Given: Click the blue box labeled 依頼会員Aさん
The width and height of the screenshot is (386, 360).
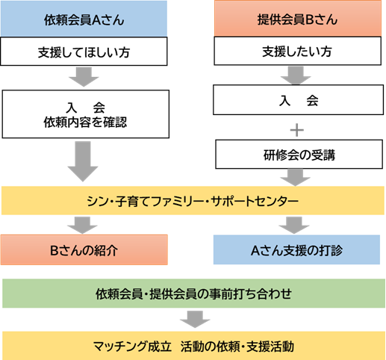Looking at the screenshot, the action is pos(84,19).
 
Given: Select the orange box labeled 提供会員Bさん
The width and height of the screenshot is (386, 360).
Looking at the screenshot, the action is pos(298,18).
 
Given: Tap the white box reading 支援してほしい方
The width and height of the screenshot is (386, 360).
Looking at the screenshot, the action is pos(84,52).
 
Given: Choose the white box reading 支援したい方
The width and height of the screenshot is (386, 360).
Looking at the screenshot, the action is pos(297,51).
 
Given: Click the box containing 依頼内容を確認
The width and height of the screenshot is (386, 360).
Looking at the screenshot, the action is pos(86,114).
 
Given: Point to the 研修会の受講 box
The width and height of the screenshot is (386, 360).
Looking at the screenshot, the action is pos(299,154).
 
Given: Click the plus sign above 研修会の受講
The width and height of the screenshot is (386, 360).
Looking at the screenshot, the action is pos(297,130).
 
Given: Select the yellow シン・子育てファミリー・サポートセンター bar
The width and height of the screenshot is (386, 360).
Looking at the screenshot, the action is pos(193,200).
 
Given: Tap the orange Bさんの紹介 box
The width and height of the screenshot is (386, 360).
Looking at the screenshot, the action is pos(84,249).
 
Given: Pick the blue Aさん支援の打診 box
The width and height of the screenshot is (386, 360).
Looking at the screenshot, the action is pos(296,249).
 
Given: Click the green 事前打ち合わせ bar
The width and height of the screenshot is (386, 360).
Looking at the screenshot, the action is pos(193,294).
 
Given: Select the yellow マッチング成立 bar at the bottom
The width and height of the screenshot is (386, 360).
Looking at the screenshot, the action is pos(193,346).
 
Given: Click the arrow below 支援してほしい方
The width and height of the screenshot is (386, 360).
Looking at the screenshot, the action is pos(84,77).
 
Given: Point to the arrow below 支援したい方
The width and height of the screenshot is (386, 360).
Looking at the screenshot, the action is pos(296,75).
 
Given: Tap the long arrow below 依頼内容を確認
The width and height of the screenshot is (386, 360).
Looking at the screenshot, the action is pos(83,161).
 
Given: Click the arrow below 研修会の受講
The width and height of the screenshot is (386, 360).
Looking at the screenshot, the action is pos(295,178).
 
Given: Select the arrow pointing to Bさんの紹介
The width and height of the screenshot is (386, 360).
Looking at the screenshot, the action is pos(82,226).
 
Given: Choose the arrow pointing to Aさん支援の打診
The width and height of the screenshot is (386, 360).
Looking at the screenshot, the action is pos(294,226).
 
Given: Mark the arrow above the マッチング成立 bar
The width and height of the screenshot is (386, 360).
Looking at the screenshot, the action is pos(195,319).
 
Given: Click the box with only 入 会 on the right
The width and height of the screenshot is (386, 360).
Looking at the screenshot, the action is pos(298,100).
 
